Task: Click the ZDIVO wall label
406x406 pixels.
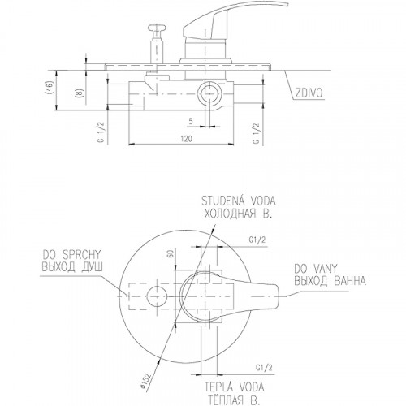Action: (309, 93)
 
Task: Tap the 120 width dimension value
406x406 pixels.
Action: (186, 139)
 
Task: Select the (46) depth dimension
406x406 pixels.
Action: (50, 87)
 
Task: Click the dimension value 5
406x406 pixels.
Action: (191, 122)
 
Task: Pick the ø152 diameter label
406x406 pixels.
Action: (145, 381)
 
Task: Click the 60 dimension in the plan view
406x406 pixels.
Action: (171, 253)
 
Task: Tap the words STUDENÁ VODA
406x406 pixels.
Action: (239, 201)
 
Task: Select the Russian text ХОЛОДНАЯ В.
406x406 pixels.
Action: (237, 214)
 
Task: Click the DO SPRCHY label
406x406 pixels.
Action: (71, 255)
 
